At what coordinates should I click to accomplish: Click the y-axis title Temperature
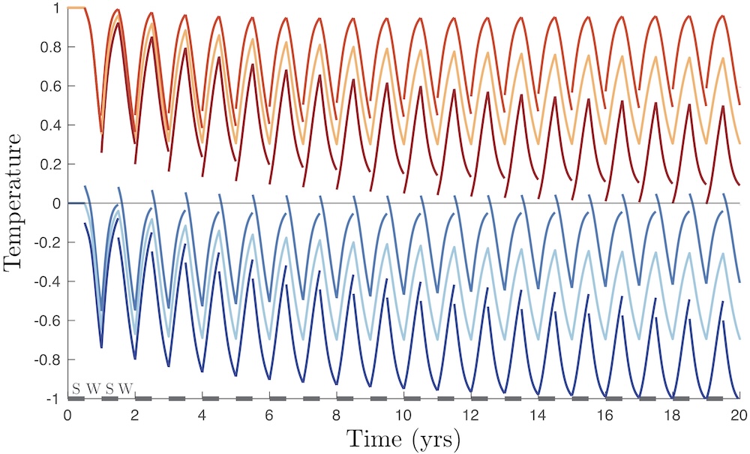16,203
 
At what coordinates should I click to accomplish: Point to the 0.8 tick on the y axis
52,47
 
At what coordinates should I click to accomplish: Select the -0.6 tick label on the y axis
49,320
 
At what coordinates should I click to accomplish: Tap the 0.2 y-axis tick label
52,164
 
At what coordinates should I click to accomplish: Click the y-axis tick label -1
55,398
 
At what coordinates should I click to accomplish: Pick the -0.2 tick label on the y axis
49,242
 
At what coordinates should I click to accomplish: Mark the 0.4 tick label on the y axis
52,125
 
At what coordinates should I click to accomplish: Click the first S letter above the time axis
76,388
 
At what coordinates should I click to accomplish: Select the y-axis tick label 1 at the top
57,8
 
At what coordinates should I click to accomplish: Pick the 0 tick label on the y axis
57,203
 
